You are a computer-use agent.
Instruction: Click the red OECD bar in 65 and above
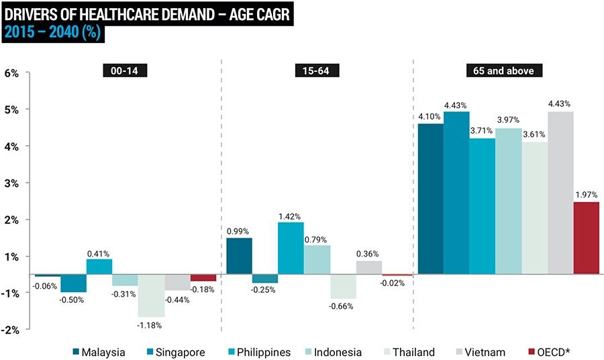[585, 238]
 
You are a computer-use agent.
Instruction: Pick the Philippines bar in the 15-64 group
[291, 249]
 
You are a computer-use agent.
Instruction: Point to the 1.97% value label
[586, 195]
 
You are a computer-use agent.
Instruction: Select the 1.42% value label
[291, 216]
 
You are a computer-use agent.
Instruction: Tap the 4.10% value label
[430, 117]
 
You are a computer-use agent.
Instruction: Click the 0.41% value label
[99, 253]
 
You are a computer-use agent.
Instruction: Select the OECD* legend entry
[554, 352]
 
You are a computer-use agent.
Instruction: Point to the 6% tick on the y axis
[12, 73]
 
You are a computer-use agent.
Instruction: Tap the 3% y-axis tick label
[12, 183]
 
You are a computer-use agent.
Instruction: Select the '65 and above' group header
[503, 70]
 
